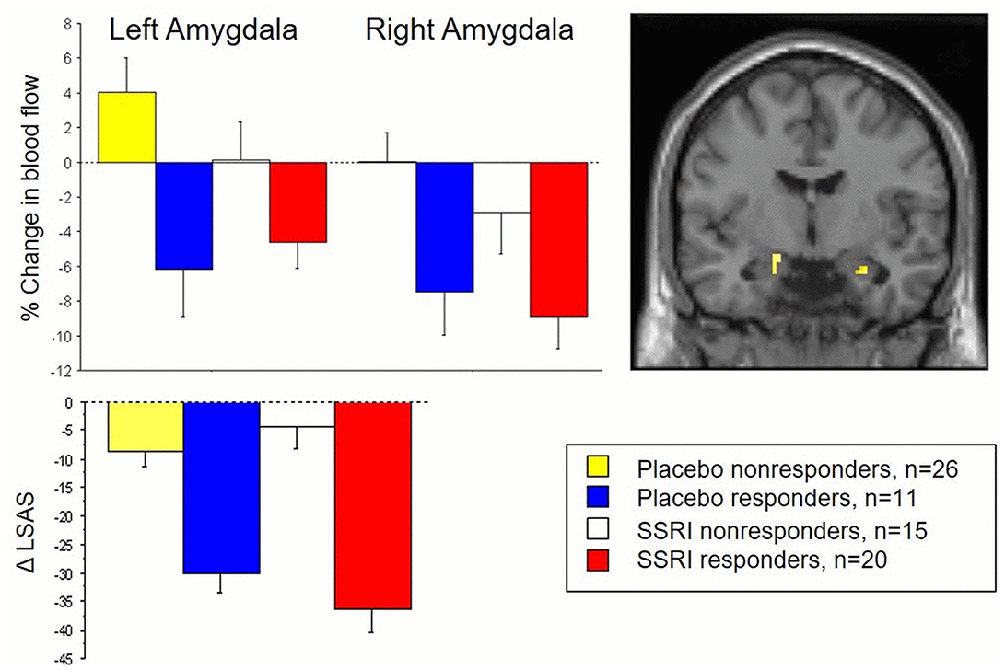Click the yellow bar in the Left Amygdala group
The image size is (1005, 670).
(x=126, y=127)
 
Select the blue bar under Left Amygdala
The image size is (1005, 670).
(x=183, y=215)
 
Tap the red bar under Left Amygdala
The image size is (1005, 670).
(x=298, y=202)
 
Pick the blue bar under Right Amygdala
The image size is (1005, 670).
(x=445, y=226)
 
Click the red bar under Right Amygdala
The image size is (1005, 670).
(x=559, y=238)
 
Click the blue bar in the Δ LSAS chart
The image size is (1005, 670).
(x=220, y=488)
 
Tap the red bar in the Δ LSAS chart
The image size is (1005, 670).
(x=372, y=505)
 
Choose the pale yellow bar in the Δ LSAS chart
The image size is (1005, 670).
(x=145, y=427)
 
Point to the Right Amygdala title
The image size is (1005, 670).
(x=470, y=30)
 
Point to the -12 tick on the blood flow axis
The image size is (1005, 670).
(x=61, y=370)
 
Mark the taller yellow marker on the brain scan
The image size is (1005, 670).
(x=777, y=264)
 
